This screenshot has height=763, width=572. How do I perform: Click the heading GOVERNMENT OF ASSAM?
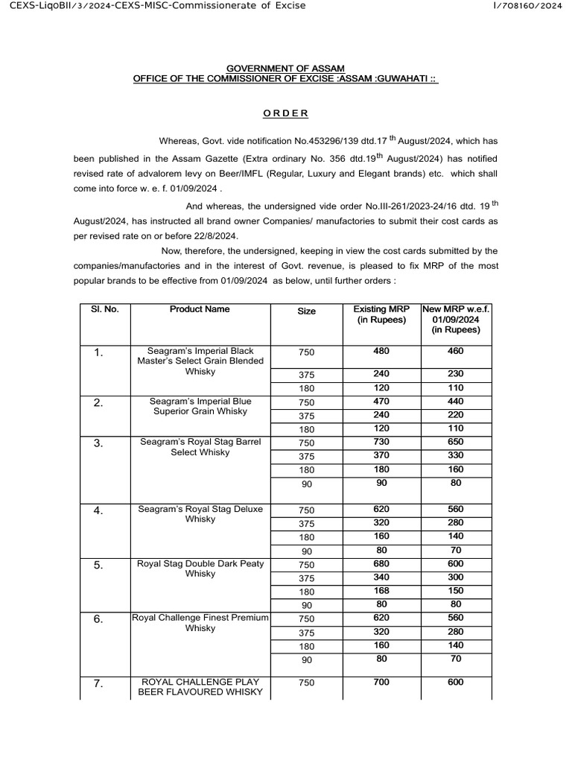[286, 69]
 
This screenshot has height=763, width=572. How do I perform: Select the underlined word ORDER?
[286, 113]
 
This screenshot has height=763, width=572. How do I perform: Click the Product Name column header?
[200, 309]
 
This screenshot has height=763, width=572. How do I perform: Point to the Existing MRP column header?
[381, 314]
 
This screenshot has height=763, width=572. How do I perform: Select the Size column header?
[306, 311]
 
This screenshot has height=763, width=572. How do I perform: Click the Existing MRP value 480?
[381, 351]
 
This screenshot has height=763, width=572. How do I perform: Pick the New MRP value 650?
[456, 442]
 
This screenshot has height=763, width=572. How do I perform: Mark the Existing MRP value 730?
[381, 442]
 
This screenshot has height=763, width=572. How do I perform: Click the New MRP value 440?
[456, 401]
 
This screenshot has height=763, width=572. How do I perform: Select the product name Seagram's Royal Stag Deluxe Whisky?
[200, 514]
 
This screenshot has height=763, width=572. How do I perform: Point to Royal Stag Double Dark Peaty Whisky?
[200, 569]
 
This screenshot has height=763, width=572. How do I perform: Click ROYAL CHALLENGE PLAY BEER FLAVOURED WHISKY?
[200, 687]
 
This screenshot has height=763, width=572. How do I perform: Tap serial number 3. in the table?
[99, 443]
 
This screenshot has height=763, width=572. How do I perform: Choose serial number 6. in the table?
[99, 619]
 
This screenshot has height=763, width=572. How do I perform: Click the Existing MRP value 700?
[381, 682]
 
